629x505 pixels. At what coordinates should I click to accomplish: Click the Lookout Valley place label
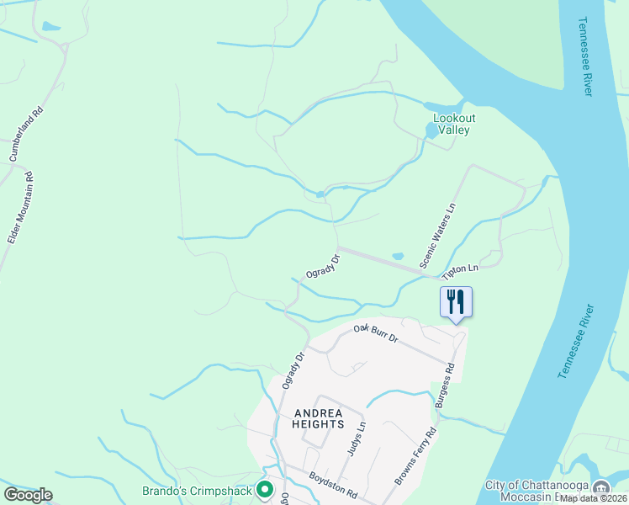[452, 125]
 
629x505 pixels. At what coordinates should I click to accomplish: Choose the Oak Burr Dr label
[375, 332]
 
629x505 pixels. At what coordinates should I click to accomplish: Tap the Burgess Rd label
[444, 385]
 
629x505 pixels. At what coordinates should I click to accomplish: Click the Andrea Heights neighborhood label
[318, 418]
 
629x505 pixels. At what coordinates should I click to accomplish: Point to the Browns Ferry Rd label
[417, 457]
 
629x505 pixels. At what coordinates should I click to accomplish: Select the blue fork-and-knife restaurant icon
[457, 301]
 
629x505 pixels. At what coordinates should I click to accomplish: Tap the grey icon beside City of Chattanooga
[601, 489]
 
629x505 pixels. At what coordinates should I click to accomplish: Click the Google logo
[28, 494]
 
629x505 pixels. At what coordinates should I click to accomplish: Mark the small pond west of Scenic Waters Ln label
[398, 256]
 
